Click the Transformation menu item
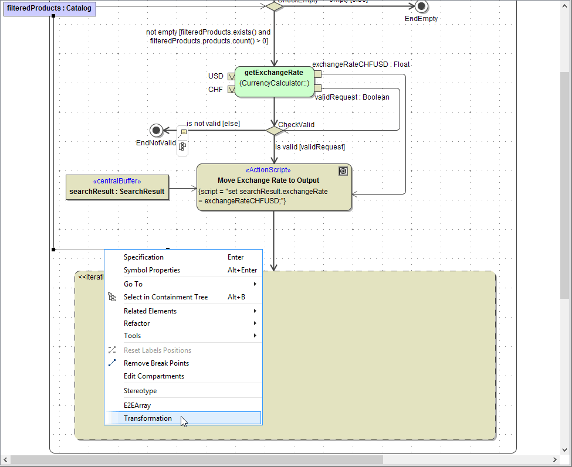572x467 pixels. (x=148, y=418)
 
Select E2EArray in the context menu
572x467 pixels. (x=137, y=405)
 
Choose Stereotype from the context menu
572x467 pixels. (x=140, y=391)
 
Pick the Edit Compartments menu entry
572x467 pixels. (x=154, y=376)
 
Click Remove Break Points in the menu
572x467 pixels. (x=156, y=363)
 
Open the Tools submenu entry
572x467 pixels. (x=133, y=336)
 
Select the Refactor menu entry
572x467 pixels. (x=137, y=323)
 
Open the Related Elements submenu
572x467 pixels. (x=150, y=311)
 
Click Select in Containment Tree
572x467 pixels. (x=165, y=297)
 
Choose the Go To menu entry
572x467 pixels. (x=133, y=284)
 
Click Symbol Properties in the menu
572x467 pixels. (x=152, y=270)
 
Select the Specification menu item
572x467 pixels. (x=144, y=257)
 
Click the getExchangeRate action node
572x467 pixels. (x=274, y=81)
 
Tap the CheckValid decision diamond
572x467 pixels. (x=274, y=130)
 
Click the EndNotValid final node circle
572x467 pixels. (x=156, y=130)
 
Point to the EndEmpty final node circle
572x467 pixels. (x=421, y=6)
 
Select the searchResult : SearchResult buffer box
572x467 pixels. (x=117, y=187)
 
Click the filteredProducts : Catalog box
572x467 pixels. (x=49, y=8)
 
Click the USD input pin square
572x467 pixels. (x=231, y=76)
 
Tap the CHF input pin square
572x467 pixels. (x=231, y=90)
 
